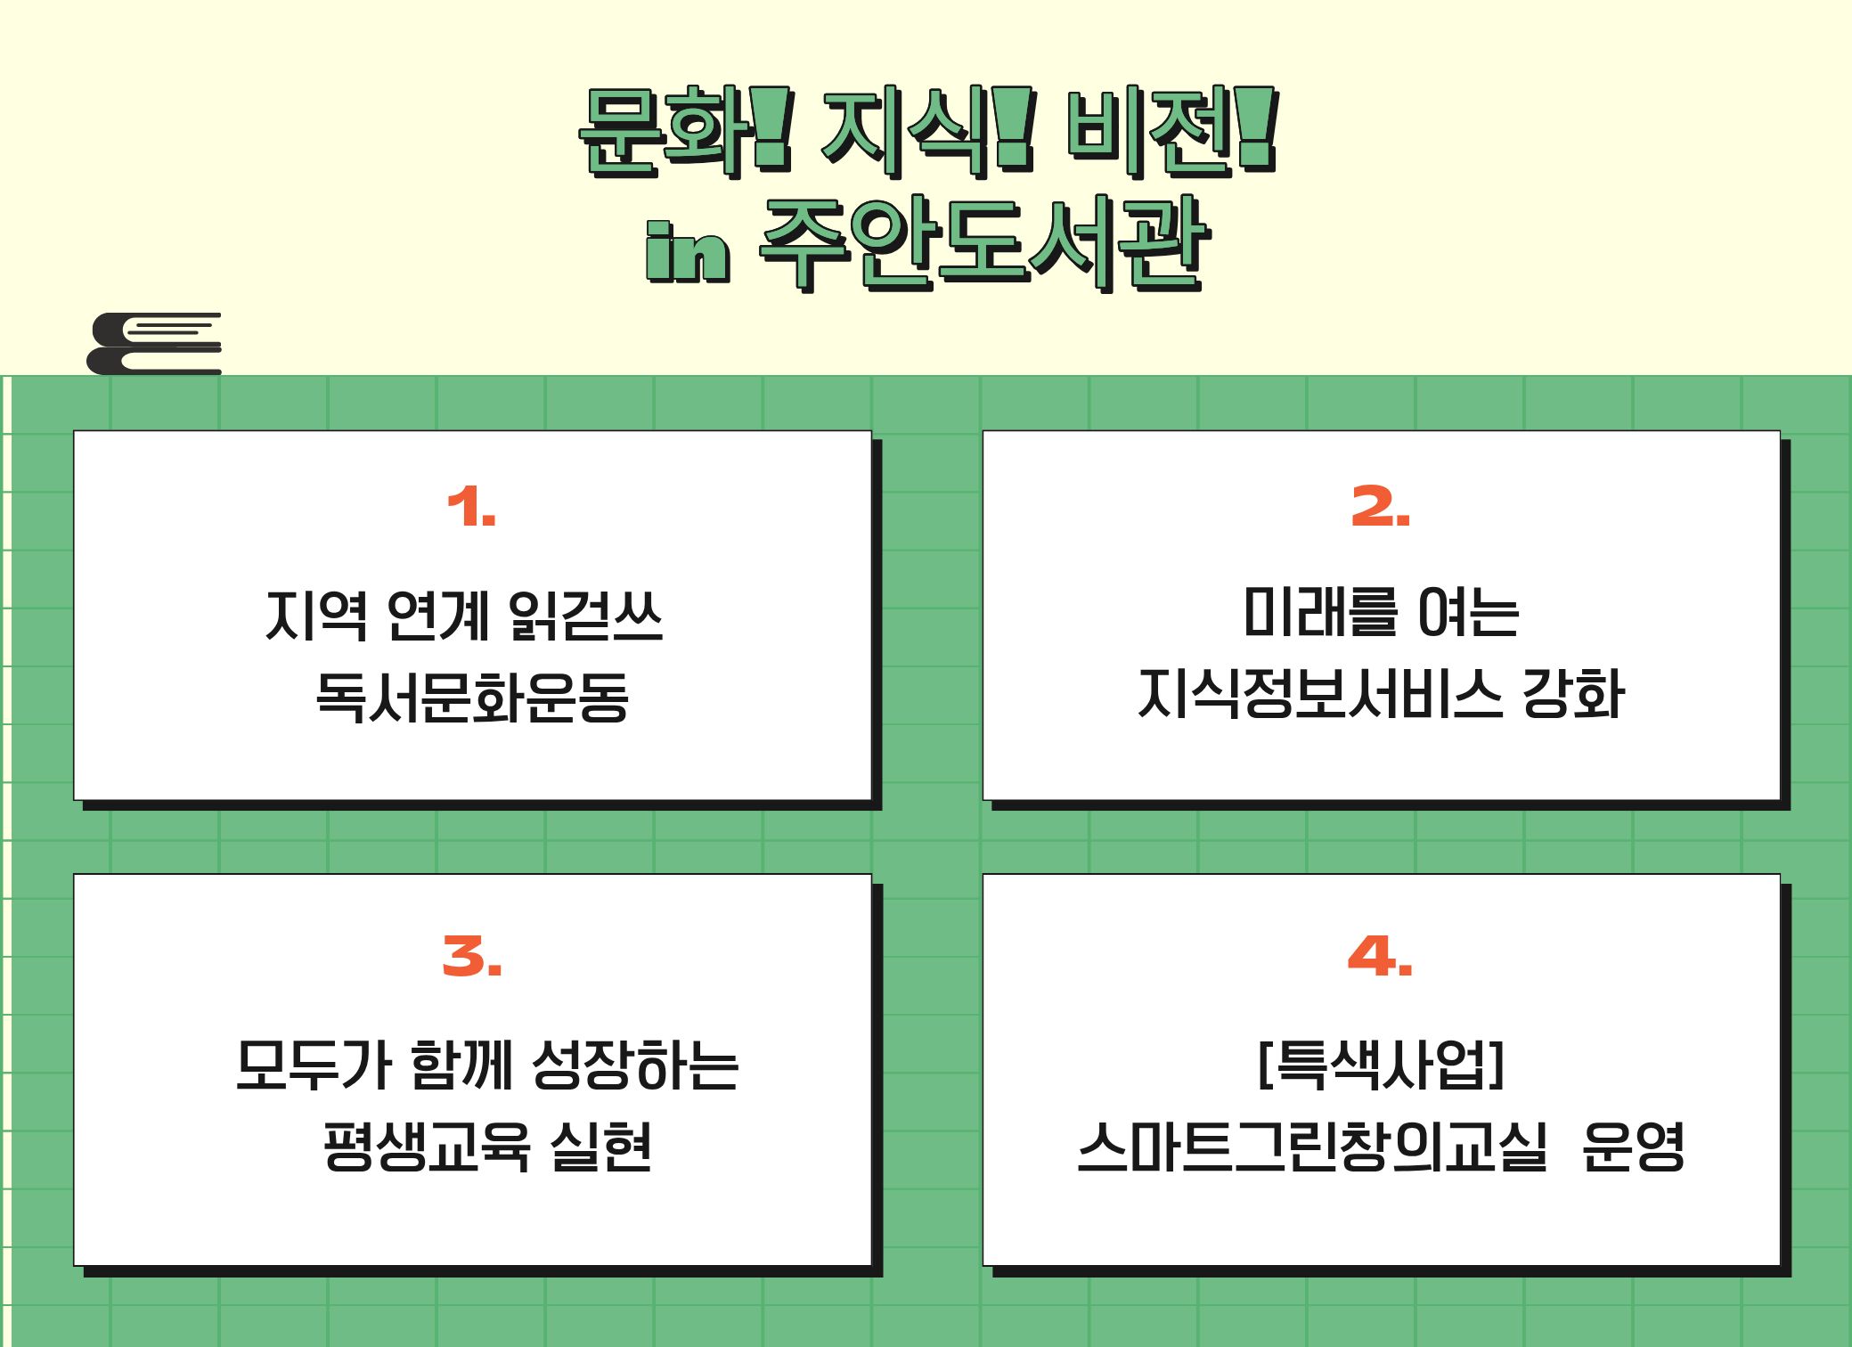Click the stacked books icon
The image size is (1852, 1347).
[154, 343]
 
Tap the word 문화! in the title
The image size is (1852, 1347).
[684, 131]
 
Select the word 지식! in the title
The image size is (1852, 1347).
[927, 131]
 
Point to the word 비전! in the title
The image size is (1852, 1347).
[1171, 131]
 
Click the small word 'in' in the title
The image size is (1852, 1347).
[688, 252]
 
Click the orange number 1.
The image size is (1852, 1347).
[471, 507]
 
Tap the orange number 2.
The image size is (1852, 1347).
[1380, 507]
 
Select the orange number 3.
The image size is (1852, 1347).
[472, 956]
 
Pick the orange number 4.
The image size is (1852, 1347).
[1380, 956]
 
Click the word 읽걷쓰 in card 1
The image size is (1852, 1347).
[585, 615]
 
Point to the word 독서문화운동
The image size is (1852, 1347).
[472, 696]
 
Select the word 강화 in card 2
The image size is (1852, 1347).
[1573, 694]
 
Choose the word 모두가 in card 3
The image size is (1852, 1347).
[314, 1065]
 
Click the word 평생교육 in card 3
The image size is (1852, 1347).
[427, 1146]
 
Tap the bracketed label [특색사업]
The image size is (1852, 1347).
[1381, 1065]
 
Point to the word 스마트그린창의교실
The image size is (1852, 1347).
[1312, 1147]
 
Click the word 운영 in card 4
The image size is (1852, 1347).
[1633, 1147]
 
